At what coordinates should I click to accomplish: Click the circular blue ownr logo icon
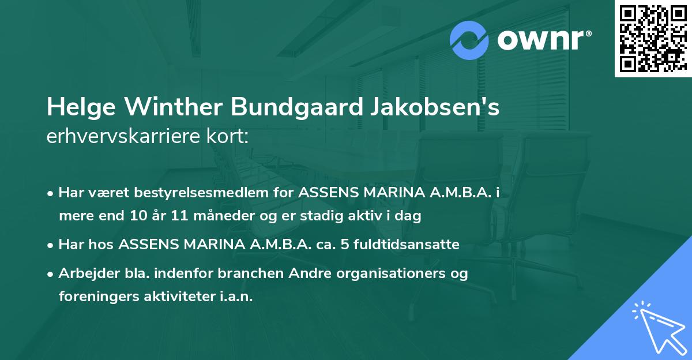469,40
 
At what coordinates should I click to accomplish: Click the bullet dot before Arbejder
51,273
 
